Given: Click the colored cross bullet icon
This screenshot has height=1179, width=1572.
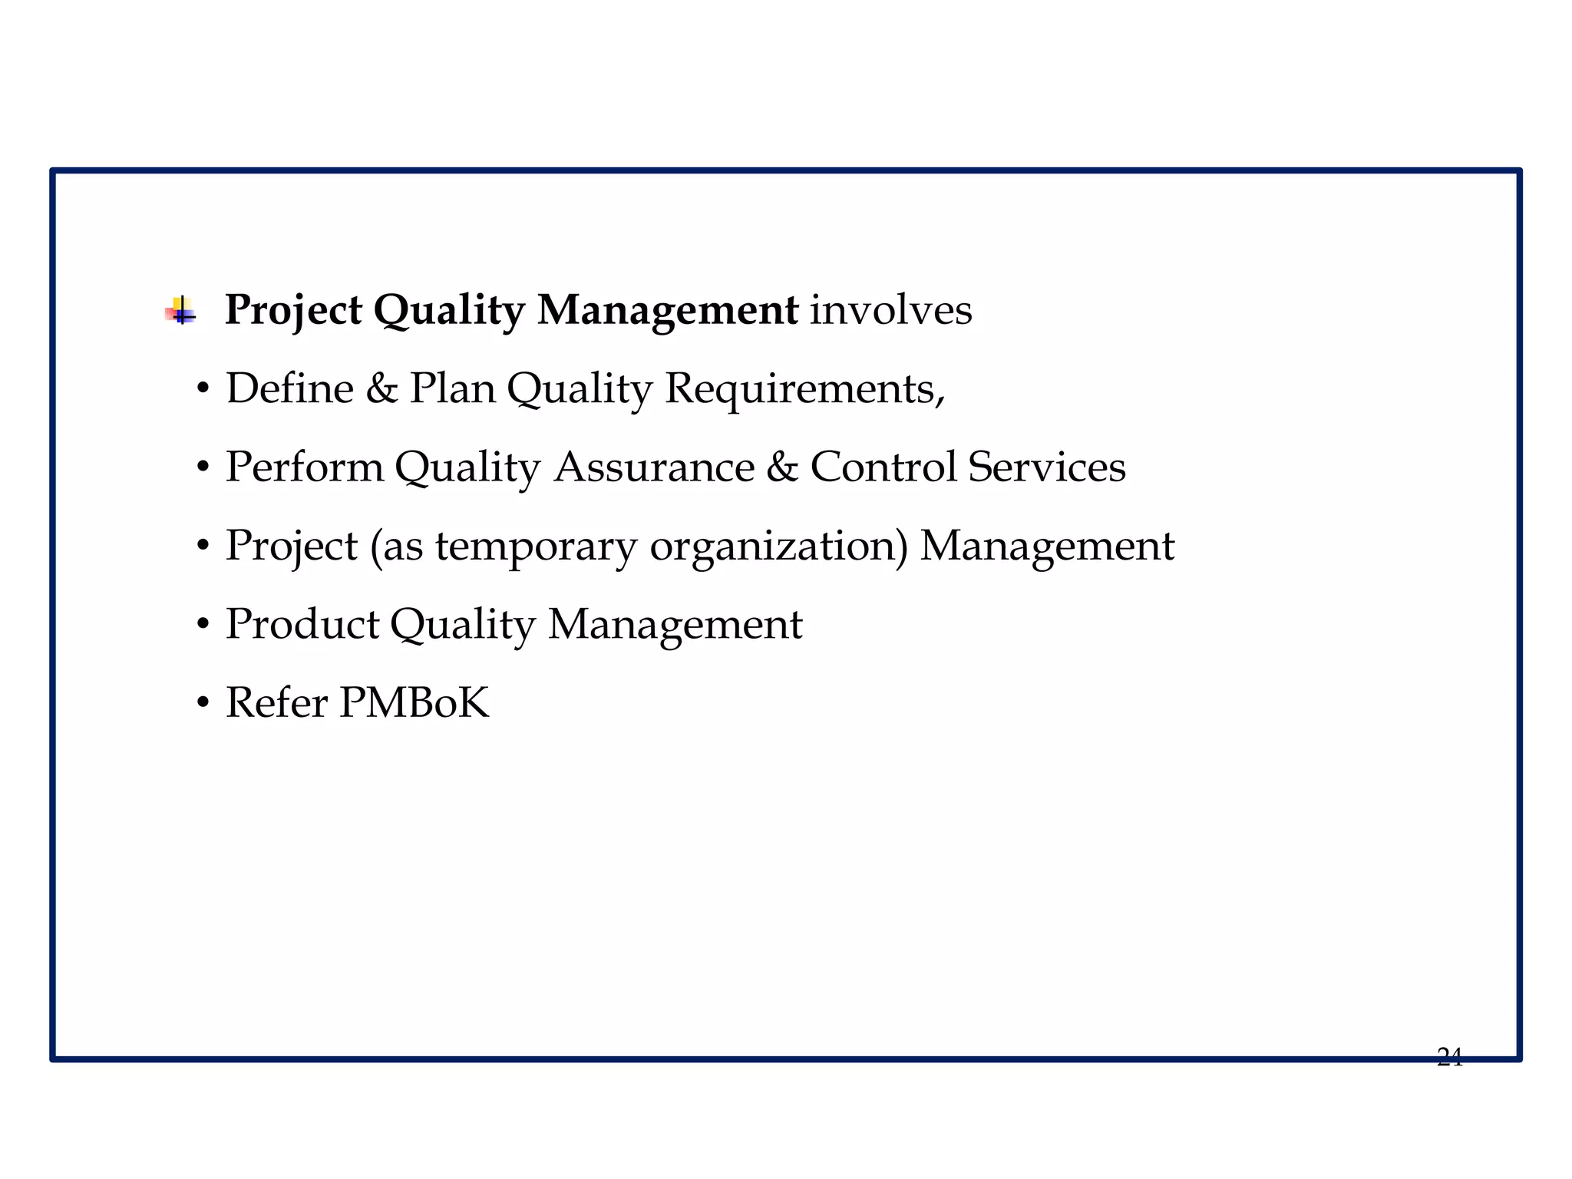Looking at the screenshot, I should click(x=181, y=312).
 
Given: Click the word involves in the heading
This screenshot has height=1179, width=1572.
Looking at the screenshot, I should click(x=891, y=310).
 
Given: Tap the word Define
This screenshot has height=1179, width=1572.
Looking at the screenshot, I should click(x=289, y=388).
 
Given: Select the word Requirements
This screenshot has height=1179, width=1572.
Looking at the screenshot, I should click(x=804, y=388).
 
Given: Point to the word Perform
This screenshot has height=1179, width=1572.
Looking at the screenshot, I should click(x=304, y=467).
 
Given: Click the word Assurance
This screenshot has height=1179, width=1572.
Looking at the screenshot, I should click(x=654, y=467).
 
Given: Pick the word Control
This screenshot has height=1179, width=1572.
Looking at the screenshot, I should click(x=883, y=467).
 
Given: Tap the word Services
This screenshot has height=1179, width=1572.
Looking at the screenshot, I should click(x=1046, y=467).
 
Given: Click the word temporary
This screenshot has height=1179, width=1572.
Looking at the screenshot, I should click(x=536, y=547).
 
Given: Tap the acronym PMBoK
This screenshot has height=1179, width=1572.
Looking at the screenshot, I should click(x=414, y=703).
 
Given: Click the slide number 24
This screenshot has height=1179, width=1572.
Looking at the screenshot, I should click(x=1449, y=1058).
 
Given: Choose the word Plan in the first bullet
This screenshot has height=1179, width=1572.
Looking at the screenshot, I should click(x=452, y=388).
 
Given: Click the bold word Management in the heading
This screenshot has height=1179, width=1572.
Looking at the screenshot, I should click(x=667, y=310).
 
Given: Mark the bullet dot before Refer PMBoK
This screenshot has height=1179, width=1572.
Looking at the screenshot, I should click(x=203, y=703).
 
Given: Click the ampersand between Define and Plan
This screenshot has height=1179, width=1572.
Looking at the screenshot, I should click(x=381, y=388).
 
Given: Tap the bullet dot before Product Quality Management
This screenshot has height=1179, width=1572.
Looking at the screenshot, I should click(x=203, y=625).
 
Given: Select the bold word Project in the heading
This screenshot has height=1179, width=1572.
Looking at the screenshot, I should click(x=293, y=310).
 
